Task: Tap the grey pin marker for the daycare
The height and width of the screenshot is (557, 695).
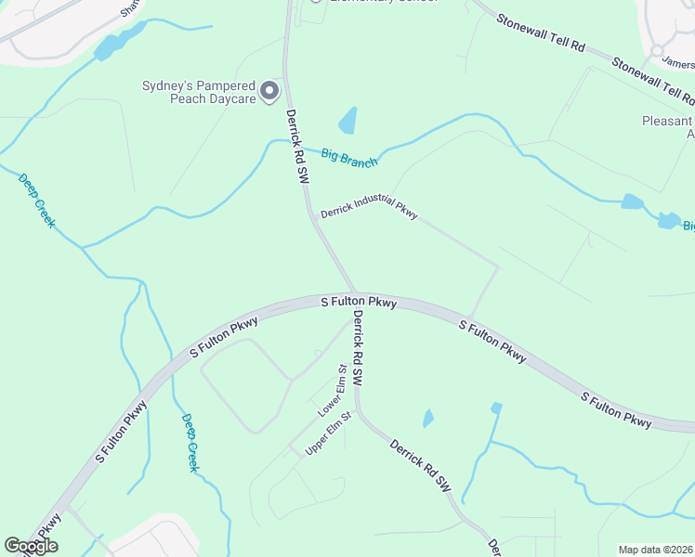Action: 269,91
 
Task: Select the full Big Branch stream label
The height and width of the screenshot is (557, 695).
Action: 349,157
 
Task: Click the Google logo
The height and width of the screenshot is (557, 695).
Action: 31,546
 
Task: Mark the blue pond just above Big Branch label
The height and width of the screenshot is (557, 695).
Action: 347,121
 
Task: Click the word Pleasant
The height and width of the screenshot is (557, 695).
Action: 667,121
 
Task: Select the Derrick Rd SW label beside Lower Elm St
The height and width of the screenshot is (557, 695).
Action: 357,348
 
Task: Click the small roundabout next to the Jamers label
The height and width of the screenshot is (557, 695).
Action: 658,50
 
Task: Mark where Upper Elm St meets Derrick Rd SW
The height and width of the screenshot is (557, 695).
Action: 356,411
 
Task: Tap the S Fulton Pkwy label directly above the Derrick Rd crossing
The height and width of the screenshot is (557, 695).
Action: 359,302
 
